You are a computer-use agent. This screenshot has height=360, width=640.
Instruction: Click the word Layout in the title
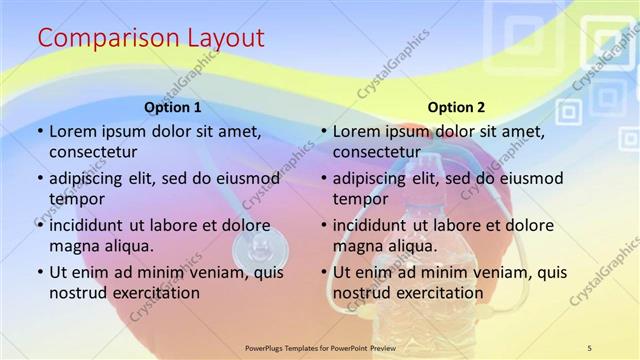[226, 39]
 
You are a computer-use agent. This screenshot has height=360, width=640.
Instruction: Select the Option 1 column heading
[173, 107]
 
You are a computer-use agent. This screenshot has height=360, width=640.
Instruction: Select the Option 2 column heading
[456, 107]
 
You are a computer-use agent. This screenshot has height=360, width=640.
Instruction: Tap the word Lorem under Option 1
[72, 131]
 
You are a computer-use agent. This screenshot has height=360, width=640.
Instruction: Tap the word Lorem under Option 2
[356, 131]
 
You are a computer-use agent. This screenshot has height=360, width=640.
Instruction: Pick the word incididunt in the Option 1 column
[92, 225]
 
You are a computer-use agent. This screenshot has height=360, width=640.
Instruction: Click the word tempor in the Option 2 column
[359, 198]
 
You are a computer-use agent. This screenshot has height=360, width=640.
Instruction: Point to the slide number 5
[589, 347]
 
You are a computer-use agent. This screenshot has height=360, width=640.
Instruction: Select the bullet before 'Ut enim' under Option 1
[39, 272]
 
